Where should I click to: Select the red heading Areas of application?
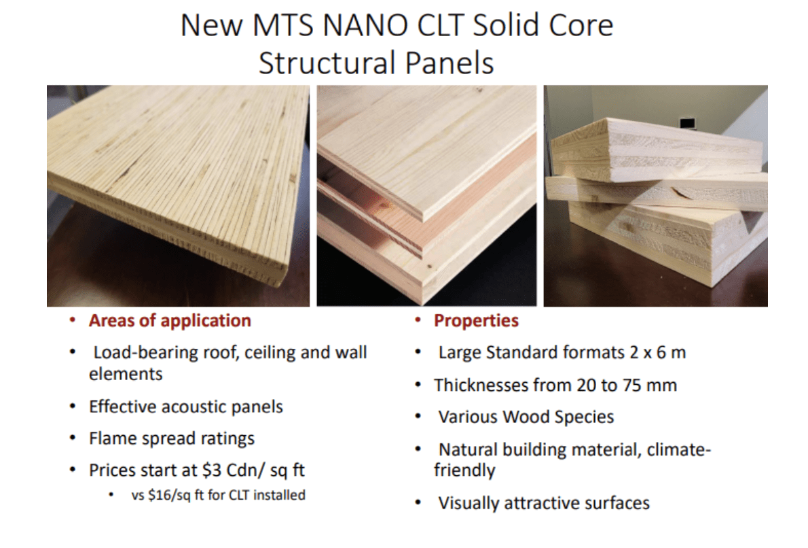pyautogui.click(x=170, y=321)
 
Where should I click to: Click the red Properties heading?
pyautogui.click(x=475, y=321)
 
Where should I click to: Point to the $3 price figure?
pyautogui.click(x=213, y=470)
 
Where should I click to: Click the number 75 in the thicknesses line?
pyautogui.click(x=631, y=385)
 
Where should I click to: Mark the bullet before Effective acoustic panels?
pyautogui.click(x=73, y=407)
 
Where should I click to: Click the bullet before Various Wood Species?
pyautogui.click(x=418, y=417)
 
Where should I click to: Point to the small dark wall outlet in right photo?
pyautogui.click(x=687, y=123)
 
